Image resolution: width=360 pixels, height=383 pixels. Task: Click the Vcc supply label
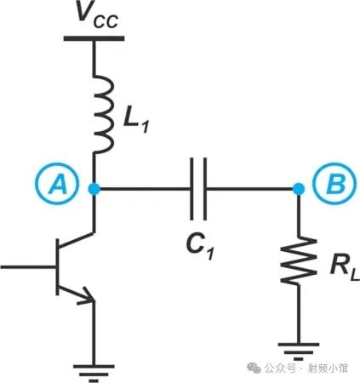pos(97,15)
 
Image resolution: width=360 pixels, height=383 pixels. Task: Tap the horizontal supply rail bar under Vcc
pos(94,38)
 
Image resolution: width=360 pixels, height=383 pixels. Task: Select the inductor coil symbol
pos(104,113)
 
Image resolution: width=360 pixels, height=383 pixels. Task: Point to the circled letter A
pos(57,186)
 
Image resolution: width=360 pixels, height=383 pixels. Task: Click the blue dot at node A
pos(94,188)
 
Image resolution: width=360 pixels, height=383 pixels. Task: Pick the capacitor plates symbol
pos(198,189)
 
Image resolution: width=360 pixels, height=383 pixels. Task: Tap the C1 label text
pos(199,248)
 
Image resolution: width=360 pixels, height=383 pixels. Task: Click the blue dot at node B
pos(298,188)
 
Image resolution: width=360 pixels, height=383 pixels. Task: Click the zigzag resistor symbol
pos(298,260)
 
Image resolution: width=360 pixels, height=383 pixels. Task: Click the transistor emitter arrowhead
pos(88,297)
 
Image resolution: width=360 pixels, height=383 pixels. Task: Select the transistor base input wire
pos(28,267)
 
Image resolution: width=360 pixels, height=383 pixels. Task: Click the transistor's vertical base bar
pos(58,267)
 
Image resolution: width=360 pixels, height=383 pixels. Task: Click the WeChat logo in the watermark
pos(254,369)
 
